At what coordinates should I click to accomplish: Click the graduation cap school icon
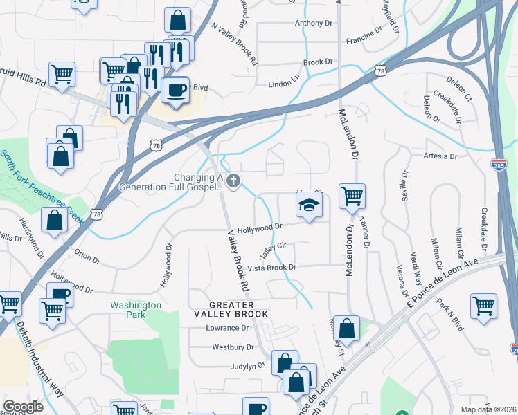[310, 205]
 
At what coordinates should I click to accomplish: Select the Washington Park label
[136, 305]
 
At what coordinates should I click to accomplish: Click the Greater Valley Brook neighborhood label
[232, 309]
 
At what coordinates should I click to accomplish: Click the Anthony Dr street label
[313, 23]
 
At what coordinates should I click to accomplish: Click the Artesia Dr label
[440, 156]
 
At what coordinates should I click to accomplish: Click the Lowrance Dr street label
[226, 328]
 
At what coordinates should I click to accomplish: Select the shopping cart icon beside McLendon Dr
[352, 196]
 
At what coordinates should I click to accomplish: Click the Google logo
[23, 406]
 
